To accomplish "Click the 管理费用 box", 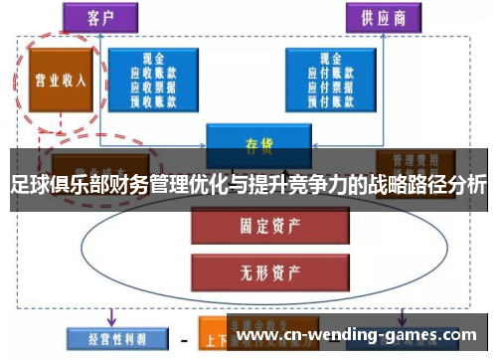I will [414, 159].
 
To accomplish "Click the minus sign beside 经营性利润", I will [183, 337].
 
